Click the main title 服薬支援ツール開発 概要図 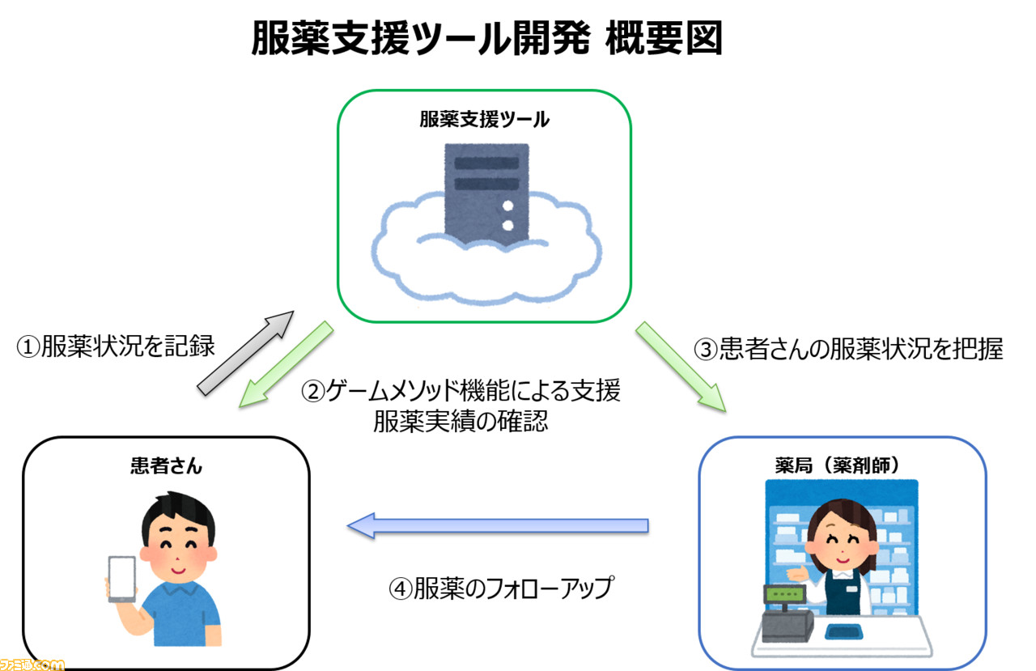click(486, 38)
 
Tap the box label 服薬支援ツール click(484, 119)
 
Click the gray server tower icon click(486, 194)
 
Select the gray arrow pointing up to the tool click(246, 353)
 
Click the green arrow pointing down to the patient click(287, 364)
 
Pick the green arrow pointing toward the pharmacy click(681, 366)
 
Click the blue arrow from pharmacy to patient click(498, 526)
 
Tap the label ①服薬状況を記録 click(116, 346)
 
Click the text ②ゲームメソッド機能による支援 click(461, 391)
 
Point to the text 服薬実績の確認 click(461, 421)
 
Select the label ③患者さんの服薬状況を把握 click(848, 349)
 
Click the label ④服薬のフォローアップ click(502, 588)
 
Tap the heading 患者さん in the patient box click(166, 465)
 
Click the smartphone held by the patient click(122, 579)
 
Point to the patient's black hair click(179, 513)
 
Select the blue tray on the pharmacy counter click(844, 631)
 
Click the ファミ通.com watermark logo click(32, 665)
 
